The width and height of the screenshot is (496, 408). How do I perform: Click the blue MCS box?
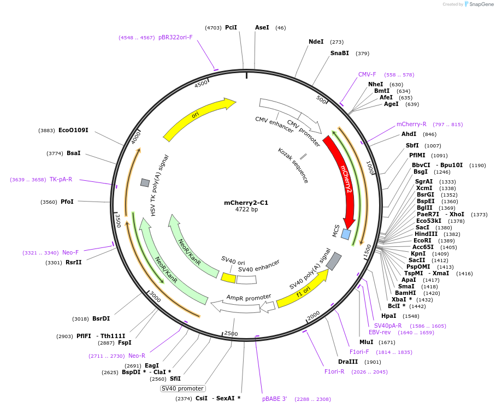tap(346, 234)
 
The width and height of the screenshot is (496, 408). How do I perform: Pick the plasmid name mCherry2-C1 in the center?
tap(246, 203)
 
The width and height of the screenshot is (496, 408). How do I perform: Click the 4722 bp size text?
tap(246, 210)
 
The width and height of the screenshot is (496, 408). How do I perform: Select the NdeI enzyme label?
tap(316, 42)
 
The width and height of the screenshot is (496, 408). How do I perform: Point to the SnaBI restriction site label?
tap(339, 53)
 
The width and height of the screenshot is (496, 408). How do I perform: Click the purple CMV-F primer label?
tap(367, 74)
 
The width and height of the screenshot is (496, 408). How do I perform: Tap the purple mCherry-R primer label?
tap(411, 124)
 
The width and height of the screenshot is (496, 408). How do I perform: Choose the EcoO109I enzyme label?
tap(73, 130)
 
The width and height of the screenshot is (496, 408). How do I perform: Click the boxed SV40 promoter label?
tap(182, 388)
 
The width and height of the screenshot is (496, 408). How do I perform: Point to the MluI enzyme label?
tap(366, 342)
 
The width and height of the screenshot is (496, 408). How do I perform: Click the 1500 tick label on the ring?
tap(367, 251)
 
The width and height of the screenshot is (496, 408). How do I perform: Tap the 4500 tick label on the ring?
tap(201, 84)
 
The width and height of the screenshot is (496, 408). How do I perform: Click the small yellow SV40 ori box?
tap(228, 278)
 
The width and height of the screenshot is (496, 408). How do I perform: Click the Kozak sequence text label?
tap(293, 165)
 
